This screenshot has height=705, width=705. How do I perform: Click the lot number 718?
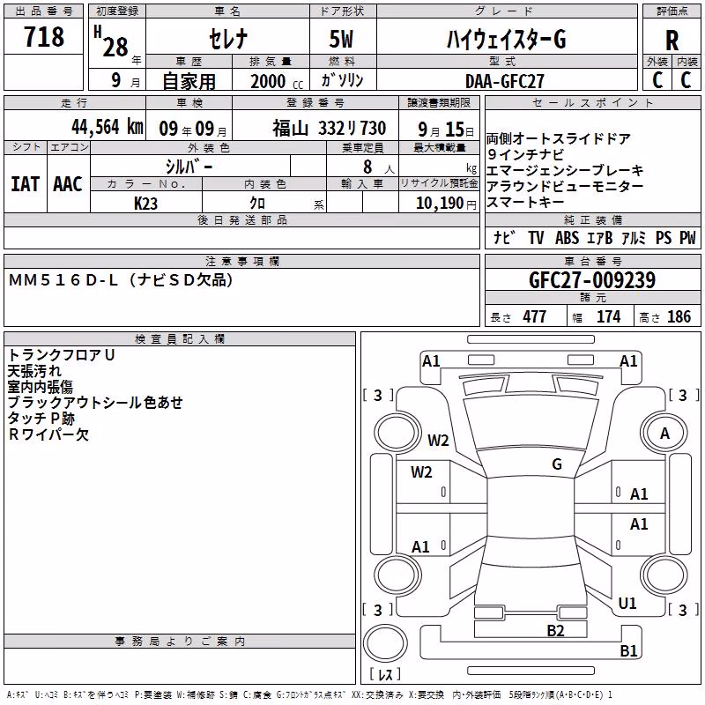43,36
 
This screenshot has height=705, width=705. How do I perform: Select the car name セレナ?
228,39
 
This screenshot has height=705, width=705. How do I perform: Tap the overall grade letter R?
672,41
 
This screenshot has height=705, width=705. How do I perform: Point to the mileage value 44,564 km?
108,127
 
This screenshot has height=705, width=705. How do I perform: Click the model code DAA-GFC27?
504,81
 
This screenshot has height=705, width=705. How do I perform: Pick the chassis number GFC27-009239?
592,280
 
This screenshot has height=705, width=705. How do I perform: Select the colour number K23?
145,204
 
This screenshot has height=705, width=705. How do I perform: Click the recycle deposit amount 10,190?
440,204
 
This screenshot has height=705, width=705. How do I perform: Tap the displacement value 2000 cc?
277,81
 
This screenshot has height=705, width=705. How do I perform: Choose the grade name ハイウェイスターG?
506,39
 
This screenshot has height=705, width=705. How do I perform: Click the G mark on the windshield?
557,464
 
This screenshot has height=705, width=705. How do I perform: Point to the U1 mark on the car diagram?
627,604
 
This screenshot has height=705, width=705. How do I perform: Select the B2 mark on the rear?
555,630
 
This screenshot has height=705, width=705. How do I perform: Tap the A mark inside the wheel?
664,434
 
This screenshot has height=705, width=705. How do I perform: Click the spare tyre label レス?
385,673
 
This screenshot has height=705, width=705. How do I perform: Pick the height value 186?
679,317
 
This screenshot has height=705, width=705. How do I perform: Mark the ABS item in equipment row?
567,238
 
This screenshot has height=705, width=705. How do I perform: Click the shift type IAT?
26,184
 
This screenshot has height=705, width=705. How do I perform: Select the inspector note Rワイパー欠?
48,434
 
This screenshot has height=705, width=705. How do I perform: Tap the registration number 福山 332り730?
329,129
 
